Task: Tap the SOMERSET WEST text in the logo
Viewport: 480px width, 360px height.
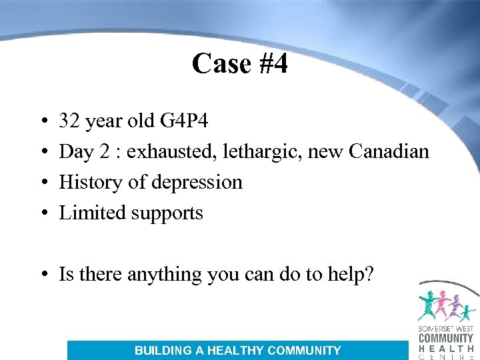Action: pos(445,328)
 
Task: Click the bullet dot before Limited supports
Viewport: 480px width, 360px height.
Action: pos(43,213)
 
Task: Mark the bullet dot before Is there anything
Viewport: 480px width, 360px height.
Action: pos(43,275)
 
